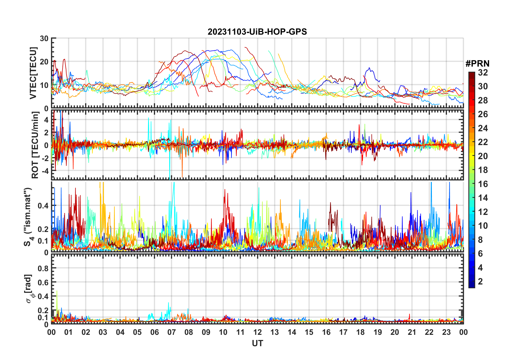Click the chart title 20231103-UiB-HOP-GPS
(257, 32)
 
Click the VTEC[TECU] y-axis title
(33, 73)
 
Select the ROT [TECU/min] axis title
(35, 145)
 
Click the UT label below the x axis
(257, 343)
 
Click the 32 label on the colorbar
(483, 73)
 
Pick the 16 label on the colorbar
(483, 184)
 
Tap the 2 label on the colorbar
(480, 282)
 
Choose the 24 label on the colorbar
(483, 128)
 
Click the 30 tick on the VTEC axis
(44, 38)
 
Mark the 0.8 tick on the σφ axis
(43, 268)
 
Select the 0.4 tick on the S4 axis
(43, 206)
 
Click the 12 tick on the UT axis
(257, 332)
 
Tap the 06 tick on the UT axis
(154, 332)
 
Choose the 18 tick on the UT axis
(360, 332)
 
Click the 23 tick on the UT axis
(446, 332)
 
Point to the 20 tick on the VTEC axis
(44, 62)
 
